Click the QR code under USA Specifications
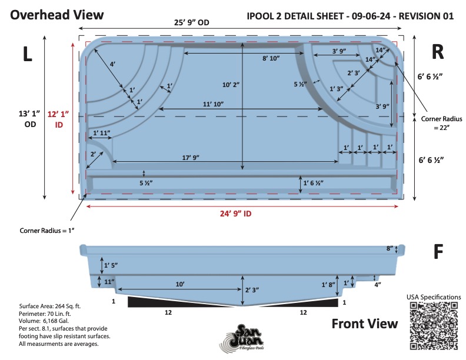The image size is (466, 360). tap(434, 325)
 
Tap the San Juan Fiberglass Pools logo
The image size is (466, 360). tap(242, 338)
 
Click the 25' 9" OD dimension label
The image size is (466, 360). tap(192, 22)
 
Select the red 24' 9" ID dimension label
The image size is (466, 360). tap(236, 214)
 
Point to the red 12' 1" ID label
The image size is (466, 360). tap(58, 119)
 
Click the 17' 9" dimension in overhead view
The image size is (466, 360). tap(191, 158)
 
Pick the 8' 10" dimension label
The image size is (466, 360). tap(271, 58)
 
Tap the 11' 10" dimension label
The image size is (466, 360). tap(213, 104)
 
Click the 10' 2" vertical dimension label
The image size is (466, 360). tap(231, 85)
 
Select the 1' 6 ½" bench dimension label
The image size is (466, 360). tap(313, 183)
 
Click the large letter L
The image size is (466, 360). tap(27, 54)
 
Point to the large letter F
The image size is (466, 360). tap(438, 252)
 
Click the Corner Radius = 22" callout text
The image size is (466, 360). tap(441, 123)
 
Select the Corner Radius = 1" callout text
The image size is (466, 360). tap(47, 231)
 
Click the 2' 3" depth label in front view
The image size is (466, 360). tap(252, 289)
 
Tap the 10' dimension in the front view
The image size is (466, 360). tap(180, 284)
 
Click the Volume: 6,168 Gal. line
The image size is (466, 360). tap(44, 321)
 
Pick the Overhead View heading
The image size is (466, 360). tap(56, 15)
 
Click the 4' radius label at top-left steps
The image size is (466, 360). tap(112, 64)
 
